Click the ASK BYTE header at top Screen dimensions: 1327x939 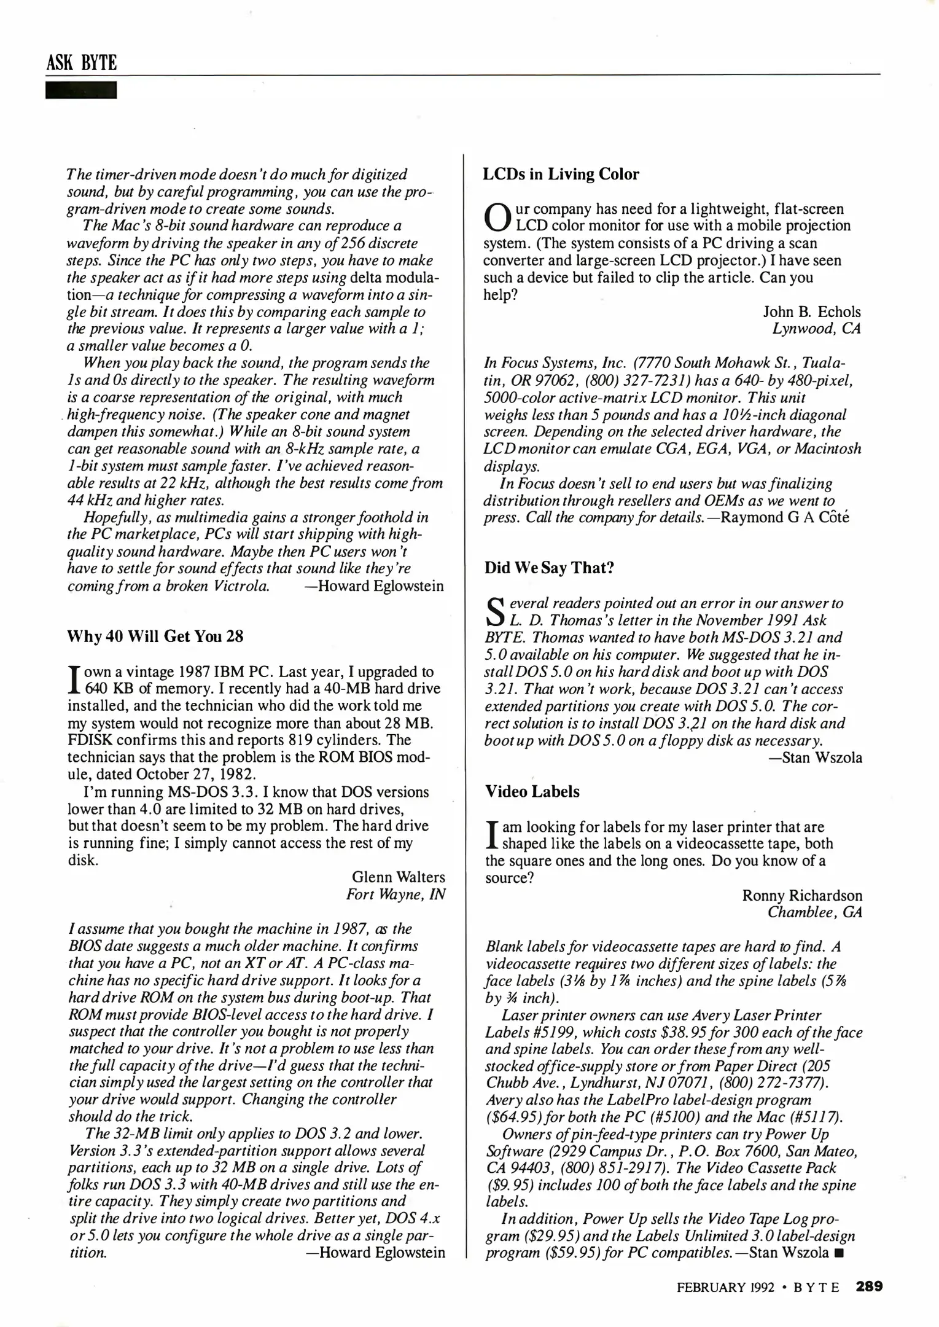pyautogui.click(x=81, y=63)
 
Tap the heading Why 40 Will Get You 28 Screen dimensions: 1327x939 pyautogui.click(x=155, y=636)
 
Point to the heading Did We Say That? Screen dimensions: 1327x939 pyautogui.click(x=549, y=567)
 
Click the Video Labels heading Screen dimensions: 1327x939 pyautogui.click(x=532, y=791)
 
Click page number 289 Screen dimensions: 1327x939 pyautogui.click(x=869, y=1286)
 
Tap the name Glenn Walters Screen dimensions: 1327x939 pyautogui.click(x=398, y=877)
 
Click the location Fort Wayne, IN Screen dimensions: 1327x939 pyautogui.click(x=395, y=894)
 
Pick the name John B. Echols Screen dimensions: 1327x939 pyautogui.click(x=811, y=311)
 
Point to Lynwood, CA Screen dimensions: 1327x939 pyautogui.click(x=816, y=329)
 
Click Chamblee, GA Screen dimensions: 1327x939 pyautogui.click(x=814, y=912)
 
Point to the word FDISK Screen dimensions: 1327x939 pyautogui.click(x=89, y=740)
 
